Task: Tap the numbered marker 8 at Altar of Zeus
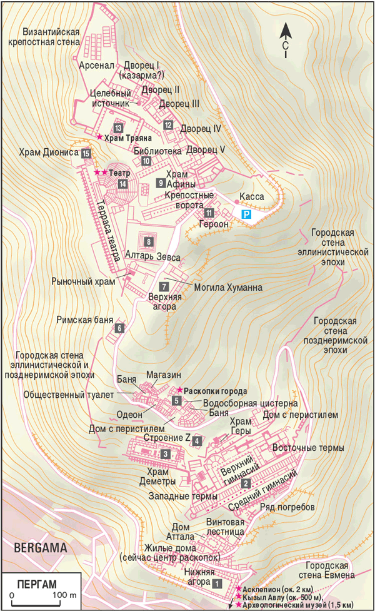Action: [148, 241]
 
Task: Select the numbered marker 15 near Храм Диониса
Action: [86, 153]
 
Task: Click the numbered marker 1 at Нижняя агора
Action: [217, 582]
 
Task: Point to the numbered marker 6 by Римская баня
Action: [119, 328]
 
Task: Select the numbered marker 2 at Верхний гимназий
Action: [246, 483]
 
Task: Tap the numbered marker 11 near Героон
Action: [209, 212]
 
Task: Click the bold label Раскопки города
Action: [212, 390]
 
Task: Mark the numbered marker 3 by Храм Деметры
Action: [165, 453]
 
